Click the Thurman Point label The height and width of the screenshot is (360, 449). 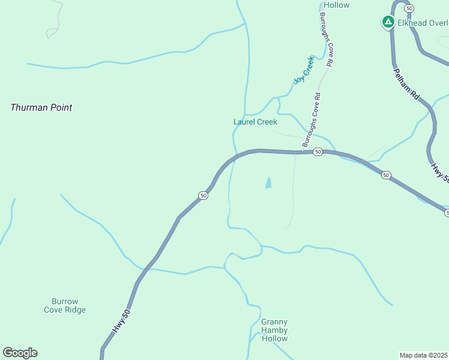(x=41, y=108)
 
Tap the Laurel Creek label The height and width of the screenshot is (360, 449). (x=255, y=122)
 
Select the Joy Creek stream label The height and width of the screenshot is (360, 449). (x=304, y=70)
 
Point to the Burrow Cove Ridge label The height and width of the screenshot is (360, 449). (x=65, y=305)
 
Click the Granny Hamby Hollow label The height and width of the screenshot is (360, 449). (x=274, y=330)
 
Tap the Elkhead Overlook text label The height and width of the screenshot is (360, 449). (x=423, y=23)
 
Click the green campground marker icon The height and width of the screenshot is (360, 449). (x=388, y=22)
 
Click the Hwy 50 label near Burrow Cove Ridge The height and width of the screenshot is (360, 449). (x=121, y=321)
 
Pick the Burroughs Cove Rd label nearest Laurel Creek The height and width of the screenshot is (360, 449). (x=312, y=120)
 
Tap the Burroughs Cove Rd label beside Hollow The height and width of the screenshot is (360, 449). (x=327, y=39)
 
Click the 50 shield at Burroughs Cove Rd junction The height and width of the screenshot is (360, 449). (x=318, y=152)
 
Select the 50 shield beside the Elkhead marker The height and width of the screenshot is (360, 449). (x=409, y=8)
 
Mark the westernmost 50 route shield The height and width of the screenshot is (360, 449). (x=203, y=196)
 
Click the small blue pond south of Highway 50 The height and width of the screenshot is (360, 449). (x=268, y=182)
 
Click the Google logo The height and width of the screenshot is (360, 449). (x=20, y=353)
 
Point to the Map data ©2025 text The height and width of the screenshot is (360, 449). (x=424, y=355)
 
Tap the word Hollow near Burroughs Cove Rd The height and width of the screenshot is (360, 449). (x=336, y=5)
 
